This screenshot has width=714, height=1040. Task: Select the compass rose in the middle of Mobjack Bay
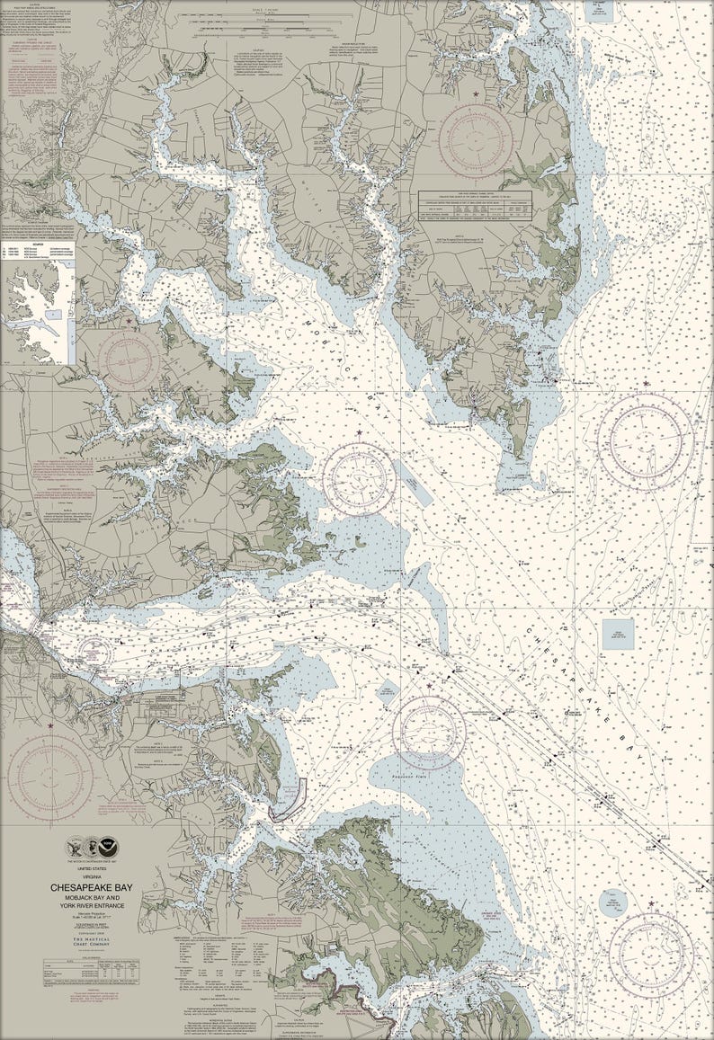click(x=360, y=478)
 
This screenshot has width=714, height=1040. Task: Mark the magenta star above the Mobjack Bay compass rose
click(x=360, y=434)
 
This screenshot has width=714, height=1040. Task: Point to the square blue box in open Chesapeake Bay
click(x=618, y=633)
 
